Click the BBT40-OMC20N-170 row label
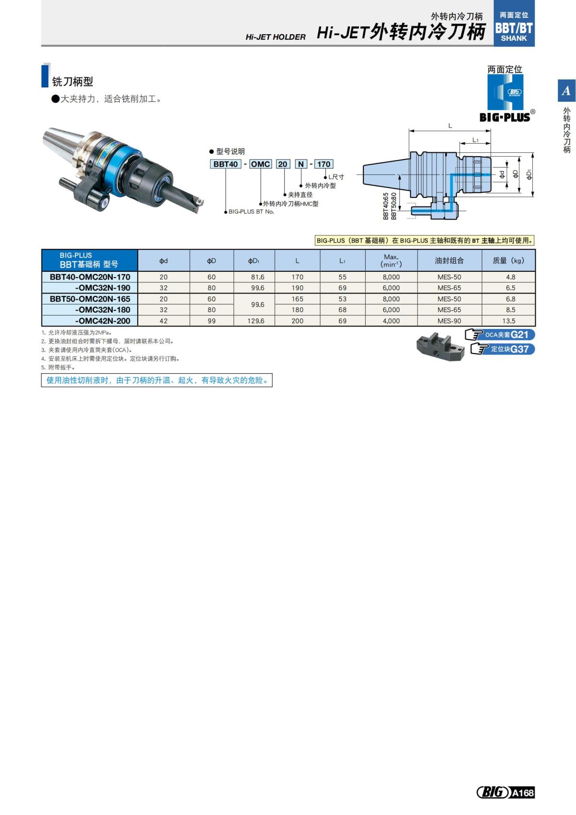click(x=90, y=277)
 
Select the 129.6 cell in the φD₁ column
click(x=256, y=321)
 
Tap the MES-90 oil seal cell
click(x=449, y=321)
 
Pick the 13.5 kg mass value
click(x=508, y=321)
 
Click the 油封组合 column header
click(x=449, y=261)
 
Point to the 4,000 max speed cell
click(x=391, y=321)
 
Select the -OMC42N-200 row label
click(x=102, y=321)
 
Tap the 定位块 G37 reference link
click(x=503, y=349)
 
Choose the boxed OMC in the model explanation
click(x=261, y=164)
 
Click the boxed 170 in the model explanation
click(x=324, y=164)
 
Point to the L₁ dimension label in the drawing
click(x=475, y=140)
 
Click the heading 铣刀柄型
click(x=72, y=82)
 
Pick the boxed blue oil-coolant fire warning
click(x=157, y=380)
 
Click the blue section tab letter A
click(x=566, y=91)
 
